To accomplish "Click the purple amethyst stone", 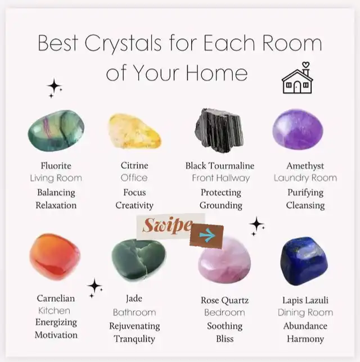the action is [x=298, y=130].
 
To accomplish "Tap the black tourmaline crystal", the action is [x=219, y=130].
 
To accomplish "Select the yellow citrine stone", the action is [x=134, y=131].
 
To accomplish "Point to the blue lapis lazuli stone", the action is [x=304, y=260].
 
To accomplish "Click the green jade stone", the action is [x=138, y=260].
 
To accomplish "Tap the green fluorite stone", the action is [x=56, y=130].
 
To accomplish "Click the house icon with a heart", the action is [x=298, y=78].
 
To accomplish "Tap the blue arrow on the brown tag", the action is [x=208, y=235].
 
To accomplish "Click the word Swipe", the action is [x=167, y=225].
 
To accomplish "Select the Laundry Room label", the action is [x=305, y=178].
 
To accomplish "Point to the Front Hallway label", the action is [x=221, y=178].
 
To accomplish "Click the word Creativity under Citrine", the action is [x=134, y=206].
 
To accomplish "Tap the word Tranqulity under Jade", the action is [x=134, y=339].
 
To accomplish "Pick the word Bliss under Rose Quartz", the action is [x=225, y=339].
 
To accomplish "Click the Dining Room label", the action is [x=305, y=313].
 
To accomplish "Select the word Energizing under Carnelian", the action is [x=56, y=322].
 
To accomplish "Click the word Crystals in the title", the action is [x=123, y=43].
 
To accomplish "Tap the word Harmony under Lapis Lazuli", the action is [x=305, y=339].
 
